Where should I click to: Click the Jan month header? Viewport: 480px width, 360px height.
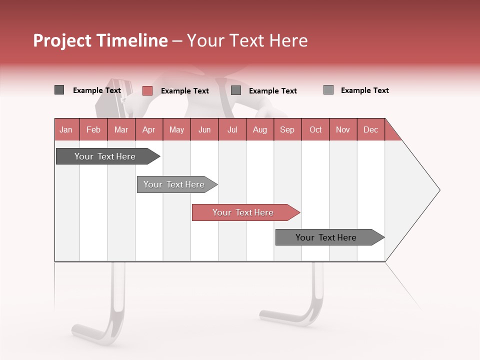(66, 129)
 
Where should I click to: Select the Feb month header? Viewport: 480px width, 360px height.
(93, 129)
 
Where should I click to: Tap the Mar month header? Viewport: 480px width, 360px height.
(121, 129)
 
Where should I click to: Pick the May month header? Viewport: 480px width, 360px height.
(176, 129)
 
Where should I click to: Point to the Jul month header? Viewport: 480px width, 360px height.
(232, 129)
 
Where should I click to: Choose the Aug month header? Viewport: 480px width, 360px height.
(259, 129)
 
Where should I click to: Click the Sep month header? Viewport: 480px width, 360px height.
(287, 129)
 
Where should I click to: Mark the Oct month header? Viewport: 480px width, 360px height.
(315, 129)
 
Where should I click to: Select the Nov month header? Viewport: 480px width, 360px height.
(343, 129)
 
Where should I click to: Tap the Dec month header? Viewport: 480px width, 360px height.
(370, 129)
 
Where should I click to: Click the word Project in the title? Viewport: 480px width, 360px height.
(62, 41)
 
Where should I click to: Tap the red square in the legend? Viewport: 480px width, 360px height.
(147, 90)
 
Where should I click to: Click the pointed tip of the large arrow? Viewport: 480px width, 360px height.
(438, 190)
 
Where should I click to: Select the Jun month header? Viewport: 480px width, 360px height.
(204, 129)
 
